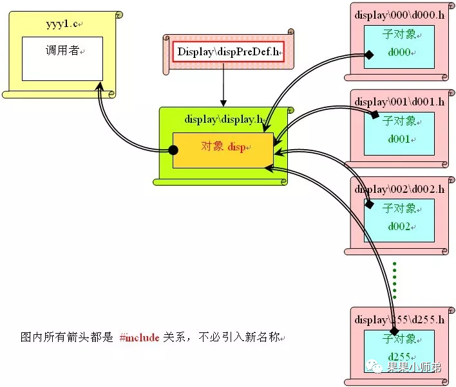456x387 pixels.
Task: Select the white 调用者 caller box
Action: pos(62,58)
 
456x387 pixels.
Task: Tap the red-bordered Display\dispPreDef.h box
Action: pos(229,52)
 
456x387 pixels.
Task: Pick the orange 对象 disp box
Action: pos(223,150)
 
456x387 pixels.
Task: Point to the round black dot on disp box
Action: pos(173,150)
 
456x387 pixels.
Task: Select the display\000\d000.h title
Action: pos(399,15)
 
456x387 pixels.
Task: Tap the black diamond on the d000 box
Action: pos(369,55)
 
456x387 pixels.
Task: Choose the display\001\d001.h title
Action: pos(399,102)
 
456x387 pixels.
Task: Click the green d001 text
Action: pos(399,138)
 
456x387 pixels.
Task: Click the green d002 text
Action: pos(399,226)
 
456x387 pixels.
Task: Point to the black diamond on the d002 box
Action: pos(369,204)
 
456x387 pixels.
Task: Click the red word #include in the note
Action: pos(139,337)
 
